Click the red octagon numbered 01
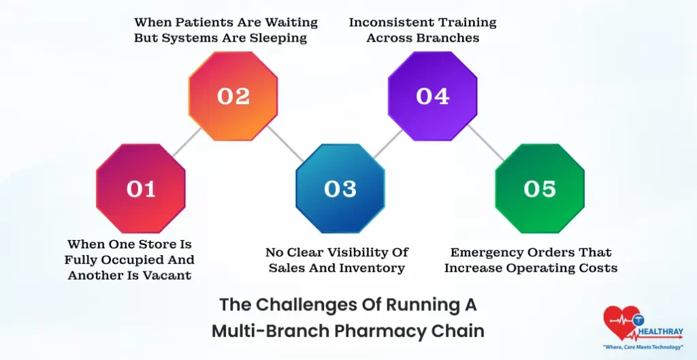tap(141, 189)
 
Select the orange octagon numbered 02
tap(233, 96)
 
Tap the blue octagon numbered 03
tap(340, 189)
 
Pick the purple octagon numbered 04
tap(433, 96)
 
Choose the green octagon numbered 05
tap(540, 189)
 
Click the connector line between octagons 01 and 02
tap(187, 142)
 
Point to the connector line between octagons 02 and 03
tap(287, 143)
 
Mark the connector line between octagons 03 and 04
tap(387, 142)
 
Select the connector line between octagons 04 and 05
tap(486, 143)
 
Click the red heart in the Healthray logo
tap(619, 321)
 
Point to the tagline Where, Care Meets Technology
tap(643, 348)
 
